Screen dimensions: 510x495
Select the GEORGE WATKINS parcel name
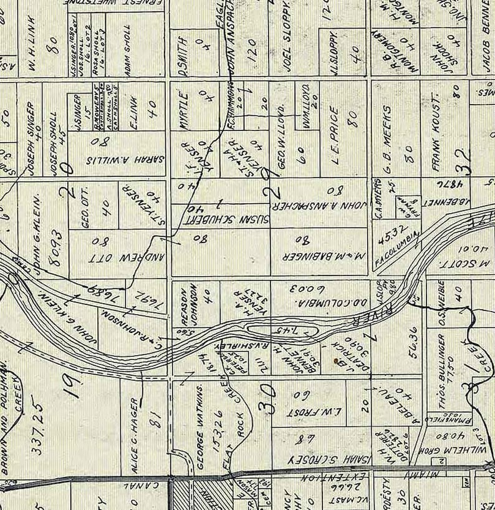tap(201, 427)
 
